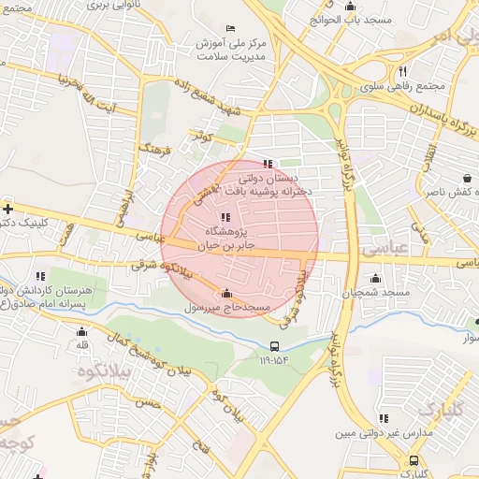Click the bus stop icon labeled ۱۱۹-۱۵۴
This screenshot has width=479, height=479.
click(273, 345)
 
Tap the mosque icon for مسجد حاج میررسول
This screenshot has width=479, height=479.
click(226, 293)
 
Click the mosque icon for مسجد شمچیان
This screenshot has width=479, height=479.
click(375, 278)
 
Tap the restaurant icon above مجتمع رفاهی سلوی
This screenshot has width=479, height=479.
click(402, 70)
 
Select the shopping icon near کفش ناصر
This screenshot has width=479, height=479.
click(467, 178)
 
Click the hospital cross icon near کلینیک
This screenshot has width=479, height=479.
click(7, 209)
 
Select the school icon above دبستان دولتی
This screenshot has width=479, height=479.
click(269, 164)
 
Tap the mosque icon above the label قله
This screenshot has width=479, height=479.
click(81, 331)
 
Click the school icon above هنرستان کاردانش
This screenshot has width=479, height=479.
click(40, 276)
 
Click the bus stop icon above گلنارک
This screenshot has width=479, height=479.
click(414, 460)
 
